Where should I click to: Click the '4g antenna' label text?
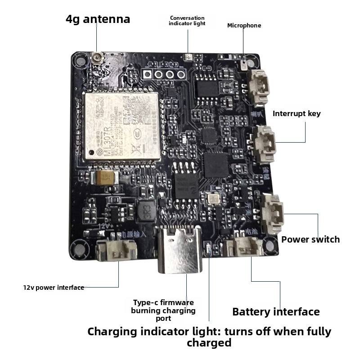[98, 19]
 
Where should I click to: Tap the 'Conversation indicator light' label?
[187, 21]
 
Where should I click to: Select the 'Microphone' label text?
[244, 26]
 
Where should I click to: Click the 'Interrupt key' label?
[297, 113]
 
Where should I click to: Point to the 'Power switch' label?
[310, 239]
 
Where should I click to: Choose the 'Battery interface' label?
[276, 312]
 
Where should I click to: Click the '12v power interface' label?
[54, 288]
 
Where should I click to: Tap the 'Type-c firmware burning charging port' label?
[163, 310]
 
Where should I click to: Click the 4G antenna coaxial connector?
[97, 58]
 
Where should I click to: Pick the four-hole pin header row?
[164, 74]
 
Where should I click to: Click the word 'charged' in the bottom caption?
[209, 343]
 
